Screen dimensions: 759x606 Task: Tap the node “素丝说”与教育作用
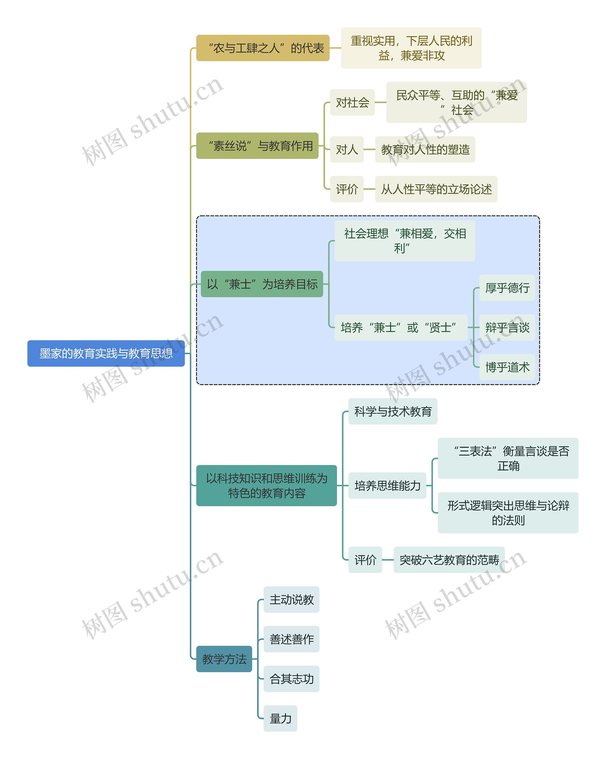click(x=257, y=146)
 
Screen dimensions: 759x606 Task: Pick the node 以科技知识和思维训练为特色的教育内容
click(x=266, y=486)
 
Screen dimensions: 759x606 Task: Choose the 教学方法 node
click(x=224, y=659)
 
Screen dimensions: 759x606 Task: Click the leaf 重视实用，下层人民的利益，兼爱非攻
click(x=411, y=48)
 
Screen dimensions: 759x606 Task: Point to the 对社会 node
click(x=352, y=103)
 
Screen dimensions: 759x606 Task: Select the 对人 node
click(x=347, y=149)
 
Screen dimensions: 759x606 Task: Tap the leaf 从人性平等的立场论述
click(x=436, y=189)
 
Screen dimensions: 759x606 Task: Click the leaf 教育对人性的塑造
click(x=425, y=149)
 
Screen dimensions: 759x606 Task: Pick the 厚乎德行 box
click(x=507, y=288)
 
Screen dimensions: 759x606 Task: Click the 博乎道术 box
click(x=507, y=367)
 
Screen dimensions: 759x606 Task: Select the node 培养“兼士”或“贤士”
click(x=401, y=327)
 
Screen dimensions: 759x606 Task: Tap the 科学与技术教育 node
click(x=393, y=411)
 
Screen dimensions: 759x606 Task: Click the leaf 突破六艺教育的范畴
click(x=449, y=560)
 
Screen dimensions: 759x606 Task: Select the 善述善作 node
click(x=291, y=639)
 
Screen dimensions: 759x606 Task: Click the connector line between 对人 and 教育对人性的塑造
click(x=369, y=149)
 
